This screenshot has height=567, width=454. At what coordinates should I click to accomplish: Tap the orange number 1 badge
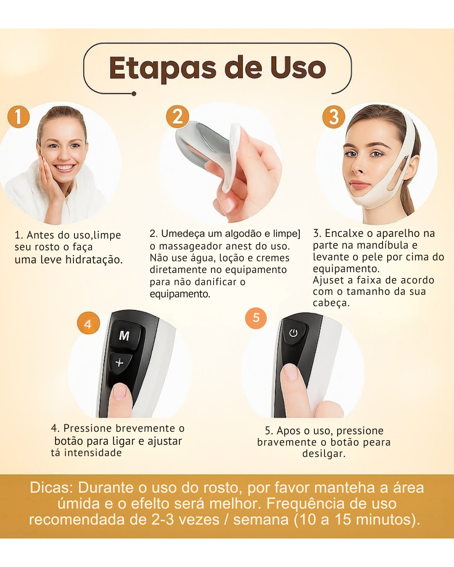(18, 116)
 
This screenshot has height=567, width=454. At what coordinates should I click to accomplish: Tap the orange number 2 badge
(177, 116)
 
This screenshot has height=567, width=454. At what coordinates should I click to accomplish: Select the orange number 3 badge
(334, 117)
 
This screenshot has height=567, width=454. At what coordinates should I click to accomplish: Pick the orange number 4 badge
(88, 324)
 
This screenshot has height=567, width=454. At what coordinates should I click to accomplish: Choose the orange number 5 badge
(256, 318)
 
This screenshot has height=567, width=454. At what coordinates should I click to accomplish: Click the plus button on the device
(120, 362)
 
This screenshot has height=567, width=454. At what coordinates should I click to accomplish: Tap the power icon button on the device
(293, 333)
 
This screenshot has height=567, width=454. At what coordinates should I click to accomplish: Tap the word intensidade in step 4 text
(92, 453)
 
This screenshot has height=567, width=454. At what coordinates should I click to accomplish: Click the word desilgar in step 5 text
(324, 454)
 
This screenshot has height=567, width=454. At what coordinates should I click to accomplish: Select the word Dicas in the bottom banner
(51, 488)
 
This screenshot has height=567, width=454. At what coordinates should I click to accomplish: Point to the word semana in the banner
(261, 520)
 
